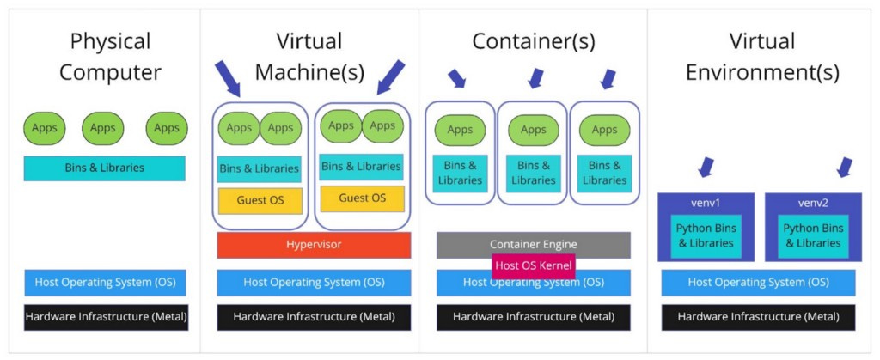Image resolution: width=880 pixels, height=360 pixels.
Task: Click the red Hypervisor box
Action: (314, 245)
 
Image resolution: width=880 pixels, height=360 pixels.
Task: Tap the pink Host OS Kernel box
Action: (533, 265)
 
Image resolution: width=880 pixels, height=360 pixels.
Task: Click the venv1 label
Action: (706, 203)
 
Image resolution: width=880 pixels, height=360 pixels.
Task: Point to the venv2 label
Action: (813, 203)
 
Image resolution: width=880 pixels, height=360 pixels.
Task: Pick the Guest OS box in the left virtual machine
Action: (260, 201)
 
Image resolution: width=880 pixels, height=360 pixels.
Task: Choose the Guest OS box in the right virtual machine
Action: (363, 198)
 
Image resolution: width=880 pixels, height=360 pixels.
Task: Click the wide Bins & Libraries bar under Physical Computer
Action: (104, 168)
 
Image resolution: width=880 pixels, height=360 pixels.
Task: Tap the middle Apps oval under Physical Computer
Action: (103, 128)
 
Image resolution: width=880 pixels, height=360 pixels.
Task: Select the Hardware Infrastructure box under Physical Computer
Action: (106, 317)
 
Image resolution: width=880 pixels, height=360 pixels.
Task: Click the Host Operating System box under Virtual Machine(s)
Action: (314, 283)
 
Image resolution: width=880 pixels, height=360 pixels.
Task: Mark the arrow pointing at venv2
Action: (844, 167)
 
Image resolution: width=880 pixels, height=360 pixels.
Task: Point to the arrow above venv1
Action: (706, 167)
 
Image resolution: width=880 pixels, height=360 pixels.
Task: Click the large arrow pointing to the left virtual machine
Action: (227, 79)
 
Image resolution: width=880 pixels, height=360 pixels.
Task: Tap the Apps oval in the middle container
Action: (533, 130)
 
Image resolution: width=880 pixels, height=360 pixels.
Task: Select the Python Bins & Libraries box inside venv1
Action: (705, 236)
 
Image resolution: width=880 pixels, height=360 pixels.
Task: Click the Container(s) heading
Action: (533, 41)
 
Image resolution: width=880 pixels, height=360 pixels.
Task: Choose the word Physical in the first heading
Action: (111, 41)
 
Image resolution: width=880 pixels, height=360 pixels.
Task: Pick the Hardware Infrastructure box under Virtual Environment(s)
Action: (758, 317)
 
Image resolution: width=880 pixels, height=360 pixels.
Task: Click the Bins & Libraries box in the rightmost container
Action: (604, 174)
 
